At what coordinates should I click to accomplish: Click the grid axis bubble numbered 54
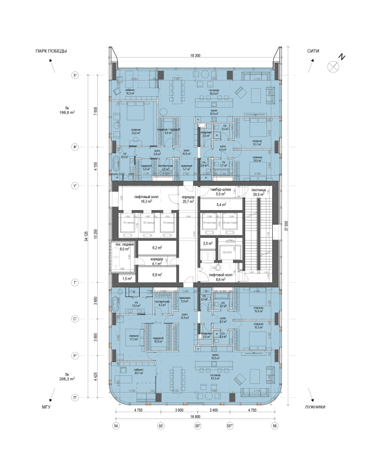tap(116, 425)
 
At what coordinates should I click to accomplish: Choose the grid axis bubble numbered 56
tap(274, 425)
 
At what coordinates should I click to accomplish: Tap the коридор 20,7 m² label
tap(186, 199)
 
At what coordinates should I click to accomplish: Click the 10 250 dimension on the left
tap(94, 234)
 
